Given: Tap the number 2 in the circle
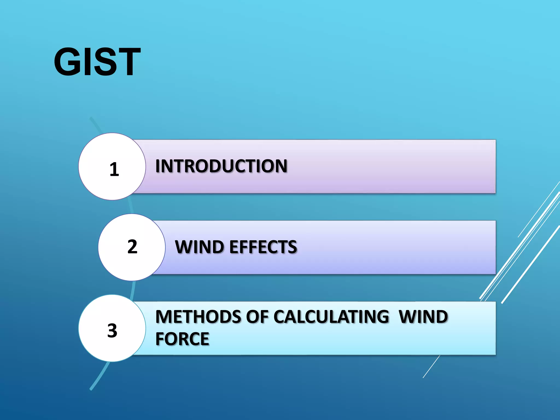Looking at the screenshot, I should click(132, 247).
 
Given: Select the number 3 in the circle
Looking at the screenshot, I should click(112, 330).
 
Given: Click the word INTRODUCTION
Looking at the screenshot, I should click(221, 166).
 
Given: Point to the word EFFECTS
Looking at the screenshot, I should click(263, 247).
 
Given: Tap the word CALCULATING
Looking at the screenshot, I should click(331, 317).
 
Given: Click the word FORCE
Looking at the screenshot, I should click(182, 339).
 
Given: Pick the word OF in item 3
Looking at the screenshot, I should click(257, 317).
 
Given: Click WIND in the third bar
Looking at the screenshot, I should click(423, 317).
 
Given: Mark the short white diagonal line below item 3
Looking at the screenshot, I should click(431, 367).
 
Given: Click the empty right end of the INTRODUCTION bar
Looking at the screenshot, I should click(451, 167).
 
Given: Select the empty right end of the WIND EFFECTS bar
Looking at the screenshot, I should click(451, 247).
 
